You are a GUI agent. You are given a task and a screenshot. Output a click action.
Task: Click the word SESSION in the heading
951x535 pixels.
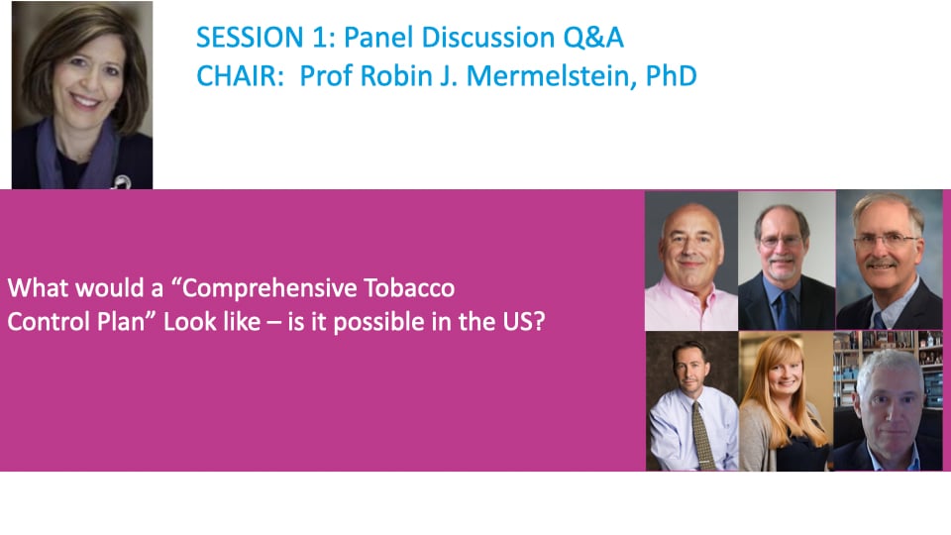(x=250, y=38)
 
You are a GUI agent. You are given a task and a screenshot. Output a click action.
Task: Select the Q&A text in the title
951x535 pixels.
(x=592, y=38)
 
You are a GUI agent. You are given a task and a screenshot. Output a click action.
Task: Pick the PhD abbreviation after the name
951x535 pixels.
(x=672, y=76)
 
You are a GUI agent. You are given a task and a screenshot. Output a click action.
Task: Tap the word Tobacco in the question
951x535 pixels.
(x=409, y=287)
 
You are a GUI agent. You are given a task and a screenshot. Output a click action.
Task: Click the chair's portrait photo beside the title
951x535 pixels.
(x=82, y=95)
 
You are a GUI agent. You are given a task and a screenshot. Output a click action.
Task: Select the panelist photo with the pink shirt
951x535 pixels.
(x=691, y=261)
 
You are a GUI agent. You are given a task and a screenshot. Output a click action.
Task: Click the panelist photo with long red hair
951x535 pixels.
(x=786, y=401)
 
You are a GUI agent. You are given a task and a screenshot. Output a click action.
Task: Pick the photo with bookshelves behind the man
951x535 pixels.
(x=888, y=401)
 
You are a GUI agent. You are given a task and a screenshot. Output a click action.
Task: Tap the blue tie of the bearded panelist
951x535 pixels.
(x=786, y=309)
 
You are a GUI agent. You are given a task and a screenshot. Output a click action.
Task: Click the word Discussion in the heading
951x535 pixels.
(x=488, y=38)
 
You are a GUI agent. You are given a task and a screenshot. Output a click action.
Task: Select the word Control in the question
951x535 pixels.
(x=46, y=321)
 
